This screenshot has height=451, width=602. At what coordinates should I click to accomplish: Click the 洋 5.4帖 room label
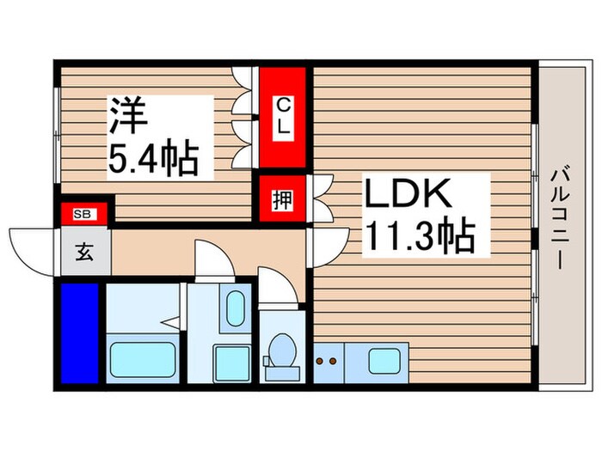[152, 137]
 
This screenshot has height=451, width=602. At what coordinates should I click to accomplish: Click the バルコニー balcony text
[556, 218]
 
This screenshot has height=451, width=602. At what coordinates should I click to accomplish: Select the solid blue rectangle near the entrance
[81, 331]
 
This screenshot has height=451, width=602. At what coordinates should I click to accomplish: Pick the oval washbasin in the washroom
[235, 308]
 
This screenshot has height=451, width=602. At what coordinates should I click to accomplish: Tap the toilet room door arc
[274, 288]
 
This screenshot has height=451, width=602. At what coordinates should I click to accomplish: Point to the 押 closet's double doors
[320, 200]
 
